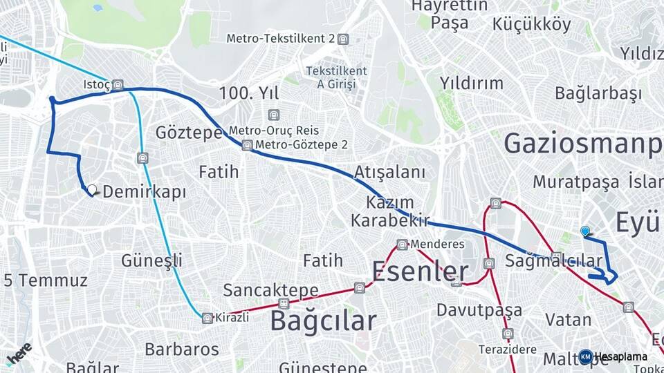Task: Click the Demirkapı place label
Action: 145,192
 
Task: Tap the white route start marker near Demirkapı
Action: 91,189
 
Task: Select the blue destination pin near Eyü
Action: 585,231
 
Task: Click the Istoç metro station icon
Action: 118,86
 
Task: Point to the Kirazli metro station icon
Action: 207,318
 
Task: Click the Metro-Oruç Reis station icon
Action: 275,115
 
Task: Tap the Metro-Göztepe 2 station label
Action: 301,145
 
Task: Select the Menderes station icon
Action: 402,245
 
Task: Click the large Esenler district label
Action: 420,271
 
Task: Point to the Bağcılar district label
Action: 323,321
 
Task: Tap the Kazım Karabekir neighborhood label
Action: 391,211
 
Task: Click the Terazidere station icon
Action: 508,334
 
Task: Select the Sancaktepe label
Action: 271,290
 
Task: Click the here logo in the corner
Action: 19,353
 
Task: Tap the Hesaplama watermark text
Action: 620,357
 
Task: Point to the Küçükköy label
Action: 532,25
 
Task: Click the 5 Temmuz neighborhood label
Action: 46,280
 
